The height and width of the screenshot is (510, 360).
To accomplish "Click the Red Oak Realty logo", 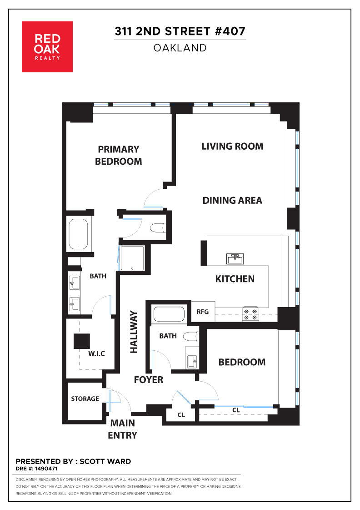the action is pos(47,47).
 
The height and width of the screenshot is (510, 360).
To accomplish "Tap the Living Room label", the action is pos(232,146).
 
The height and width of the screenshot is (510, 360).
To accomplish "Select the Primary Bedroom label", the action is pos(119,155).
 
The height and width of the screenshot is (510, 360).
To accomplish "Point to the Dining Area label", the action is pos(232,200).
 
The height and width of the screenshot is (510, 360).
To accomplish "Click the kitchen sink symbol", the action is pos(235,259).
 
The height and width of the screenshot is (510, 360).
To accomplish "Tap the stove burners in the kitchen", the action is pos(250,314).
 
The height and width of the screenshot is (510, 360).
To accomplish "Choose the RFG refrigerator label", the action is pos(203,312).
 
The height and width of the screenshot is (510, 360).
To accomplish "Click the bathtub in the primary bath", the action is pos(78,234).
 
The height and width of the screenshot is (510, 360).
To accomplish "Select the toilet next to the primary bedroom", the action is pos(158,227).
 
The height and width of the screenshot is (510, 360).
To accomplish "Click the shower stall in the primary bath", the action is pos(132,258).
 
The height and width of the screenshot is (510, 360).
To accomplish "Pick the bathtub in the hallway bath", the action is pos(169,314).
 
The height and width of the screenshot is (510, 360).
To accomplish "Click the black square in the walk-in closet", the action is pos(81,341).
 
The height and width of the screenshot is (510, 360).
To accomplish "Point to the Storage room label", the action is pos(85,399).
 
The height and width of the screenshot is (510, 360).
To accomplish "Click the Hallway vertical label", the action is pos(134,332).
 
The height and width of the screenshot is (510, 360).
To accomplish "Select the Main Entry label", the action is pos(122,429).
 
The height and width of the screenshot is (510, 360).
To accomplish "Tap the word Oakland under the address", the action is pos(180,48).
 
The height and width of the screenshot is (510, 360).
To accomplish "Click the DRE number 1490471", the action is pos(46,469).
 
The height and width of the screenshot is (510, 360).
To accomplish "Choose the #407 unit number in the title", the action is pos(230,31).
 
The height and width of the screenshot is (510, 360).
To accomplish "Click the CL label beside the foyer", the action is pos(181,415).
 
